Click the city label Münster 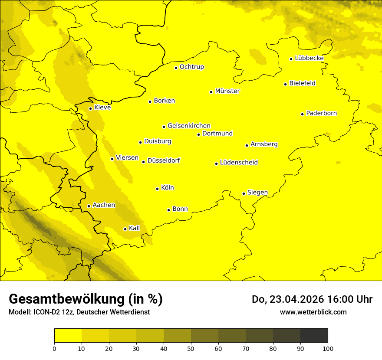pyautogui.click(x=227, y=91)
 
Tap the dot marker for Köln pyautogui.click(x=158, y=189)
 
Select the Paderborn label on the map pyautogui.click(x=321, y=113)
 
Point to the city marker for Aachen pyautogui.click(x=89, y=206)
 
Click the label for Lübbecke pyautogui.click(x=309, y=58)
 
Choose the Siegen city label pyautogui.click(x=257, y=193)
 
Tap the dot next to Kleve pyautogui.click(x=90, y=108)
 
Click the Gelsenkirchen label pyautogui.click(x=189, y=126)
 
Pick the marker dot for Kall pyautogui.click(x=125, y=229)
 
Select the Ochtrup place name pyautogui.click(x=191, y=67)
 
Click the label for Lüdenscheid pyautogui.click(x=239, y=163)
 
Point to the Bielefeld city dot pyautogui.click(x=285, y=84)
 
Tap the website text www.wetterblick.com pyautogui.click(x=313, y=312)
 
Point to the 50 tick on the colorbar pyautogui.click(x=191, y=348)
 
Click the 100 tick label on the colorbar pyautogui.click(x=327, y=348)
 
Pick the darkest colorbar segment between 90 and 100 pyautogui.click(x=314, y=336)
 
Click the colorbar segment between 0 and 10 pyautogui.click(x=68, y=336)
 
